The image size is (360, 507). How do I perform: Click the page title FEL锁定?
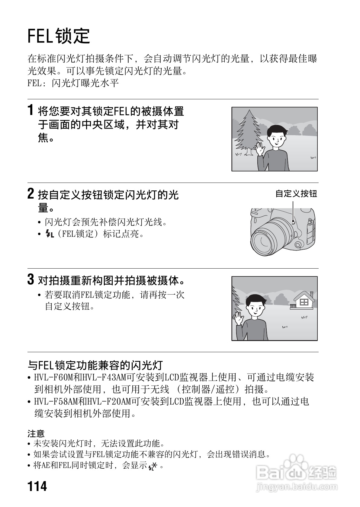click(59, 36)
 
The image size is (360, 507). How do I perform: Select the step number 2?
click(31, 193)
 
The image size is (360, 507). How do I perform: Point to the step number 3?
click(31, 279)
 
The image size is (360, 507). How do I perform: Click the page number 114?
click(37, 486)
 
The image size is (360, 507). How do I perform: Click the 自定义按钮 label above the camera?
click(296, 194)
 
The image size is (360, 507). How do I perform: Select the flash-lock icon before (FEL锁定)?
click(49, 234)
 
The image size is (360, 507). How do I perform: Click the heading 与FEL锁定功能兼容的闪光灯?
click(95, 365)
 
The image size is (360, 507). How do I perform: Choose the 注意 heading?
click(36, 434)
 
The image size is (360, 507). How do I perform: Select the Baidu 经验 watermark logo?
click(296, 471)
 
